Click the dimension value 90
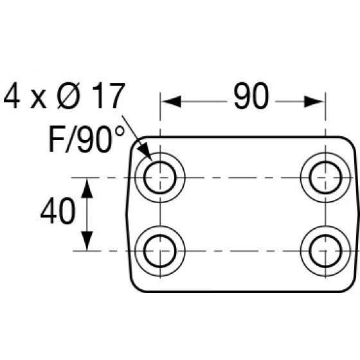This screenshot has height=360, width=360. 251,96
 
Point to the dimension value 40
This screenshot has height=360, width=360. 58,211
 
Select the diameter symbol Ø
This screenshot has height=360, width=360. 68,96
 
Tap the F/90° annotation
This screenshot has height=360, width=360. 87,139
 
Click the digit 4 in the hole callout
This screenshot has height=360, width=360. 12,95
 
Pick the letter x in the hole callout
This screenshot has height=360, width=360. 39,100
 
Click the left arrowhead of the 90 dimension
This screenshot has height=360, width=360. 171,102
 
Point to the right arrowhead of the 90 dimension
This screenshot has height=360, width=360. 314,102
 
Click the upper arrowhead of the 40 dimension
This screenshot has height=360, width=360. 87,188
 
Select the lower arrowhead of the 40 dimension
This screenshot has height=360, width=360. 87,240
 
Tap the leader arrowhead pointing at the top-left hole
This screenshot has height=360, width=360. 145,151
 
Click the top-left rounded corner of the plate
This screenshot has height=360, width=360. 136,143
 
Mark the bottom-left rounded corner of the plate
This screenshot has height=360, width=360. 136,286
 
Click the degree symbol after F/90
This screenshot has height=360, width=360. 119,132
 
